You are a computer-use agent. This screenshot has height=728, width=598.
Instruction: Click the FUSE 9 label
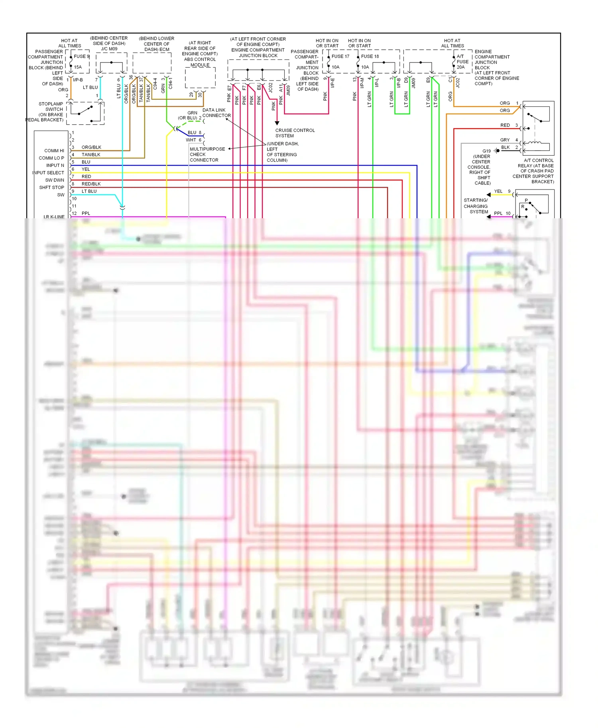click(x=81, y=57)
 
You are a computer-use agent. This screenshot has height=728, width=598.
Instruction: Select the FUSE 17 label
click(x=340, y=57)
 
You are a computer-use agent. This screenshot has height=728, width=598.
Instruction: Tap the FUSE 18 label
click(x=370, y=57)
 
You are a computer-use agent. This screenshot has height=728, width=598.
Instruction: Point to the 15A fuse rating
click(x=78, y=67)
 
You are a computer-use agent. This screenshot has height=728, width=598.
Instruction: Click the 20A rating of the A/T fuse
click(x=460, y=67)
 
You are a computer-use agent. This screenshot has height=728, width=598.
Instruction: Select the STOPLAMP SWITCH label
click(x=51, y=107)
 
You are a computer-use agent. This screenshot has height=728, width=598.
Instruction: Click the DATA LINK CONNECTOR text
click(x=216, y=113)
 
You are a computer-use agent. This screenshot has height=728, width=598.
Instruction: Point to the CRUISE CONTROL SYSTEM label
click(x=295, y=133)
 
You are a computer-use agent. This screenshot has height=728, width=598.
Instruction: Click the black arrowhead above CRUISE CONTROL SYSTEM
click(x=277, y=123)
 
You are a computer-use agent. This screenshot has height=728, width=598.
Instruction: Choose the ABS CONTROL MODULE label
click(x=200, y=62)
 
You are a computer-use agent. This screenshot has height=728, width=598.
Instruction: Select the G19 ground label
click(x=486, y=151)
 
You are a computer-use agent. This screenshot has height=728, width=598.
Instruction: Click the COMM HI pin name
click(x=54, y=151)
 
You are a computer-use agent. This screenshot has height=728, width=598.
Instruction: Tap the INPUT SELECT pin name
click(x=48, y=173)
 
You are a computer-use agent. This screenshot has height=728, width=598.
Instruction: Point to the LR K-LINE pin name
click(x=54, y=217)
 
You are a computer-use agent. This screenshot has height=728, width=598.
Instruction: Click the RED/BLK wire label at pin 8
click(x=91, y=184)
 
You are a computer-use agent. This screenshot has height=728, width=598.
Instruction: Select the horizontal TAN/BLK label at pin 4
click(x=91, y=155)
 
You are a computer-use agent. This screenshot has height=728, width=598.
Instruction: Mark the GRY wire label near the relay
click(x=505, y=140)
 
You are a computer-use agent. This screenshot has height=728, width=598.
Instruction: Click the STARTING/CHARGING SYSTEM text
click(x=476, y=206)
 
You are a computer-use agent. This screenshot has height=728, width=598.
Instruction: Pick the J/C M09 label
click(x=109, y=49)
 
